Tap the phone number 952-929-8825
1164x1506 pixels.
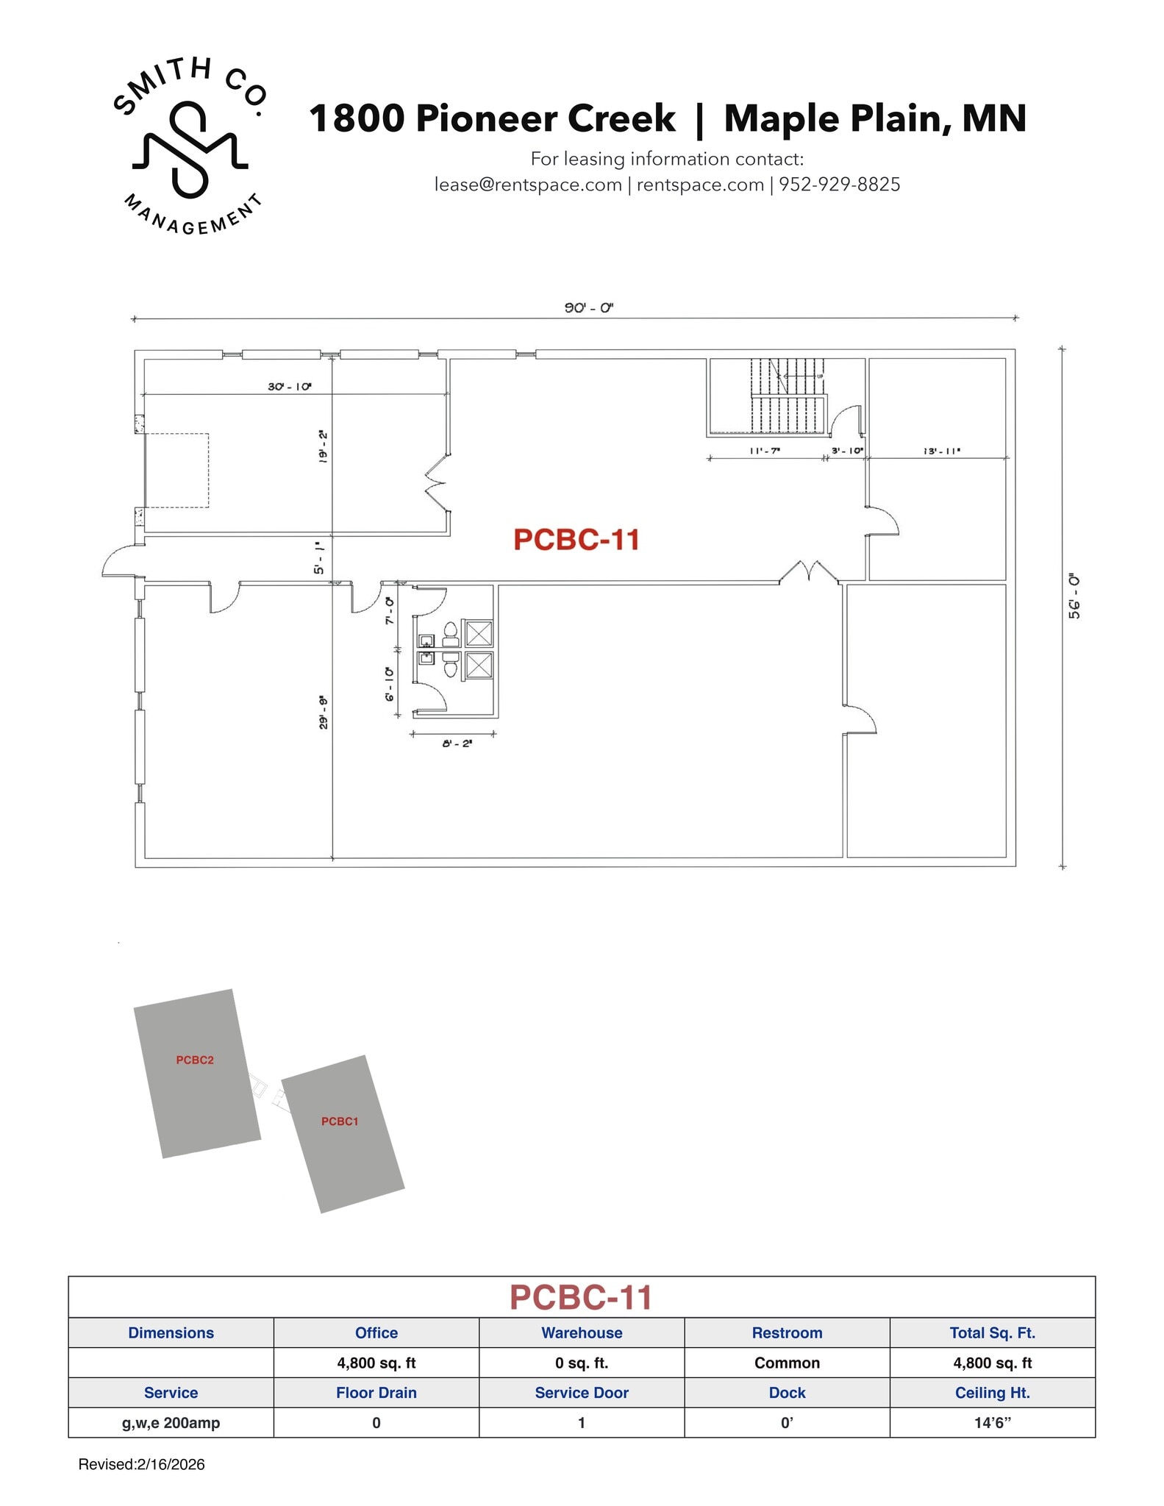click(x=839, y=185)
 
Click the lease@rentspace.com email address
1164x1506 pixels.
click(x=528, y=185)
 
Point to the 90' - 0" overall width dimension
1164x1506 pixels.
click(x=588, y=307)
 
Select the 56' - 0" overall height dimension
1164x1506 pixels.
click(x=1074, y=596)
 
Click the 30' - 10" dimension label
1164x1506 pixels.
click(x=290, y=386)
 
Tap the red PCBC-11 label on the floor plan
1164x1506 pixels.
click(x=576, y=540)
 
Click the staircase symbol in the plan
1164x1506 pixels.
click(x=788, y=397)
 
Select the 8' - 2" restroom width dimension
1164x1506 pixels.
click(x=457, y=743)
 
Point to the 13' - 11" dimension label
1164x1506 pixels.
click(x=941, y=451)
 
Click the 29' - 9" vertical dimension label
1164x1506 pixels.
click(x=323, y=712)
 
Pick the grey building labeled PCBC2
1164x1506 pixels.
click(x=196, y=1073)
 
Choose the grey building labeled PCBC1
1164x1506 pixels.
click(x=342, y=1133)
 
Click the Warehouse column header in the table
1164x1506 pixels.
click(x=581, y=1332)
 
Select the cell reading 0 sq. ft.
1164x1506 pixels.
click(x=581, y=1363)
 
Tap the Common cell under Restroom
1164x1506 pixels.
click(x=787, y=1363)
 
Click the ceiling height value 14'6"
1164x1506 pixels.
click(x=992, y=1422)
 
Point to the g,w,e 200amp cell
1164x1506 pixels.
click(x=171, y=1422)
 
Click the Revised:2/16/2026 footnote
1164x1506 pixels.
click(x=141, y=1464)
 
